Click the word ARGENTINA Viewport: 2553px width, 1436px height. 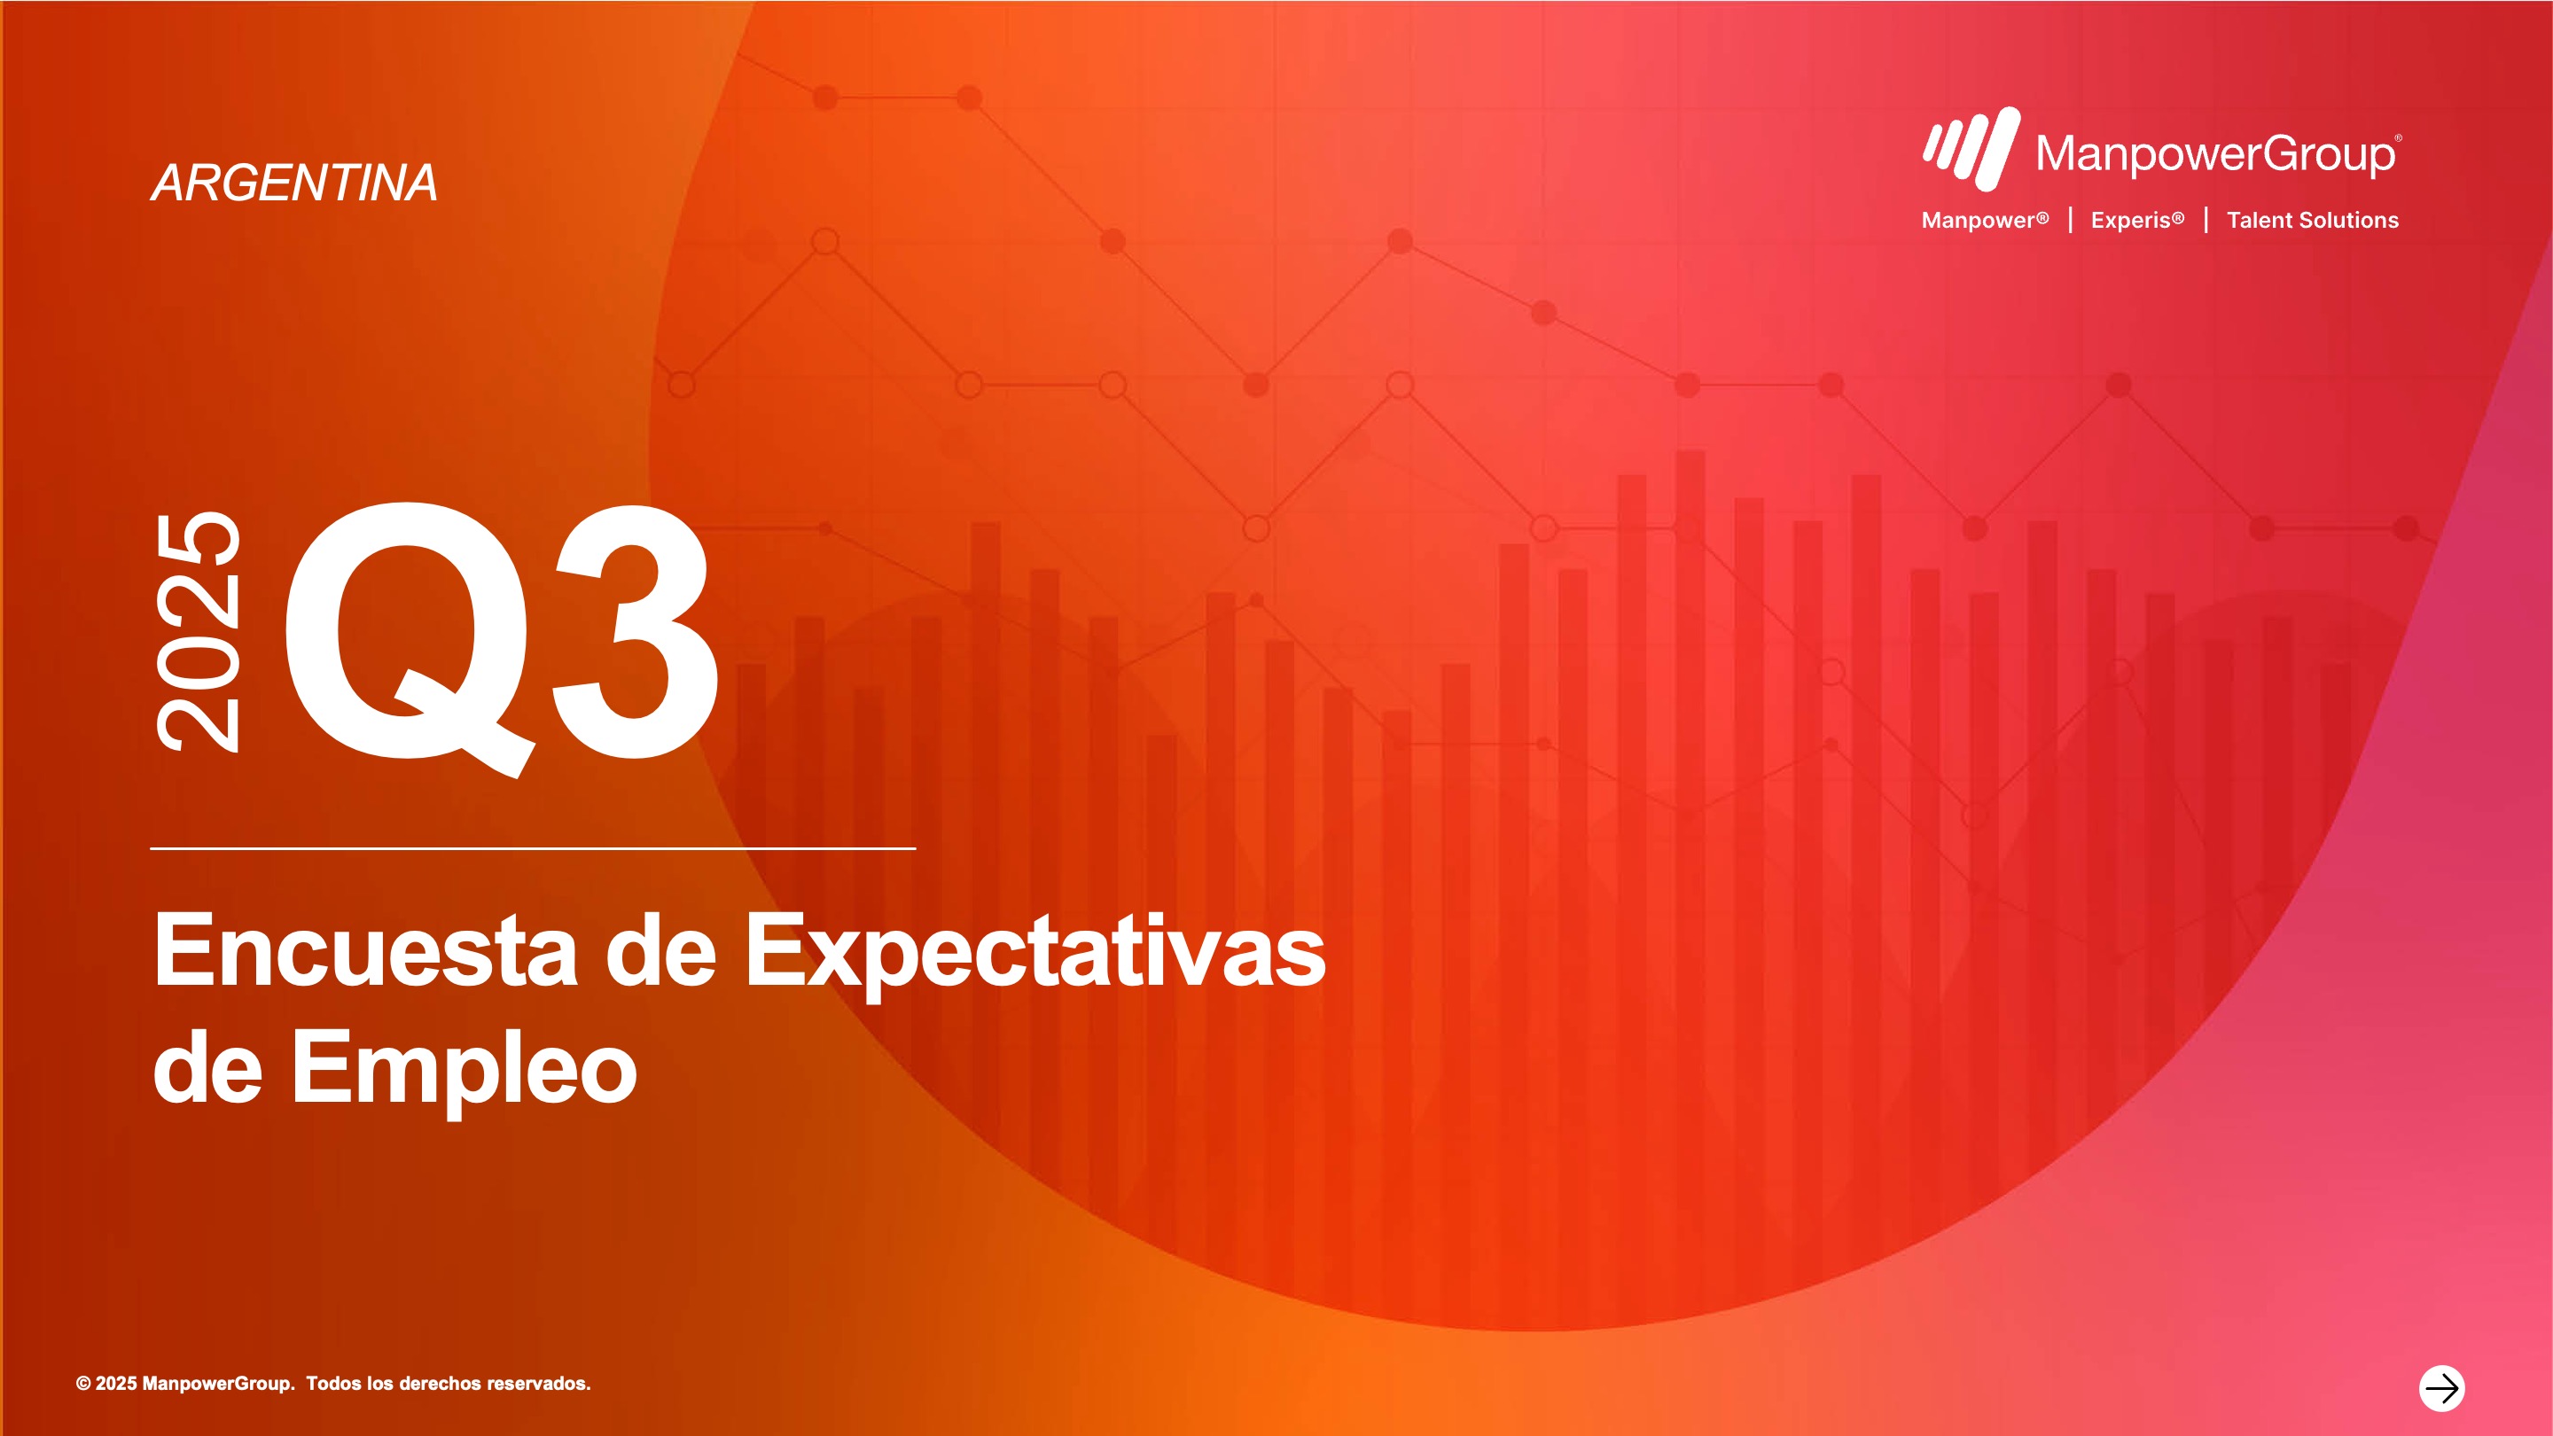pyautogui.click(x=294, y=183)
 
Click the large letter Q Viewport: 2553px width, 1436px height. pyautogui.click(x=410, y=638)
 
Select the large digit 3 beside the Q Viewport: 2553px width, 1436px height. pyautogui.click(x=636, y=631)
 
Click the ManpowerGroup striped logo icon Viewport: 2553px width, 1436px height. pyautogui.click(x=1971, y=149)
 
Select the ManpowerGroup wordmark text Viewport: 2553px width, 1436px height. pyautogui.click(x=2217, y=154)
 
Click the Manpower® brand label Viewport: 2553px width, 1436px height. pyautogui.click(x=1985, y=220)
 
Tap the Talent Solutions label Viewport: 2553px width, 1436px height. pyautogui.click(x=2313, y=220)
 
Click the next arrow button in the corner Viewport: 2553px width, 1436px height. pyautogui.click(x=2442, y=1387)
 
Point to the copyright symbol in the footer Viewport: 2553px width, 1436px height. pyautogui.click(x=83, y=1384)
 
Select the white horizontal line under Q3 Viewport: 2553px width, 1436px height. pyautogui.click(x=533, y=848)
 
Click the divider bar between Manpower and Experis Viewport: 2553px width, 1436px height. pyautogui.click(x=2071, y=219)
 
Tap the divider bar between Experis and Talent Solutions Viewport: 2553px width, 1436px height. pyautogui.click(x=2206, y=219)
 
